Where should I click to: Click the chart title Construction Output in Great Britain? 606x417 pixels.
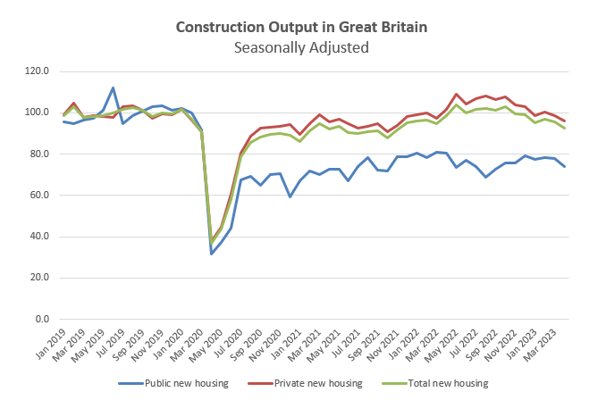[x=301, y=27]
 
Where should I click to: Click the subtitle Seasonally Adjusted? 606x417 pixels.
[x=301, y=47]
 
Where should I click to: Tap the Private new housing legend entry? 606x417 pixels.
[x=309, y=383]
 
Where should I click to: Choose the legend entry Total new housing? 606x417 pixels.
[x=437, y=383]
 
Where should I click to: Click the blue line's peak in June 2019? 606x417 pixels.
[x=113, y=88]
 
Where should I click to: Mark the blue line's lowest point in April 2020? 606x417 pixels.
[x=211, y=254]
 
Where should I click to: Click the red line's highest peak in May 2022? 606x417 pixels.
[x=457, y=94]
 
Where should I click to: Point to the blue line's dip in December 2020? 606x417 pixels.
[x=290, y=196]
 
